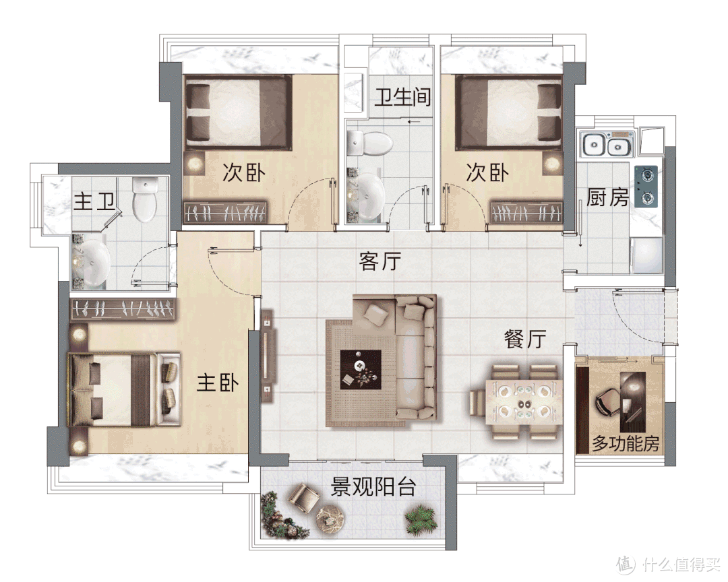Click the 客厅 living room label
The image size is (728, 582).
point(380,261)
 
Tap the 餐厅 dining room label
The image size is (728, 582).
point(525,339)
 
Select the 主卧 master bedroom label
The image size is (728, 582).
point(218,383)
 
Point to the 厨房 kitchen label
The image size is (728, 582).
point(607,197)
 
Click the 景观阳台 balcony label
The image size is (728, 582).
point(373,487)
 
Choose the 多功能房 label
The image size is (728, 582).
point(626,444)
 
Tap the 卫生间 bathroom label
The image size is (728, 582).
point(403,97)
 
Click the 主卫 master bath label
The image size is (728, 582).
point(94,202)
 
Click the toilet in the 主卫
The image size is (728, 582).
point(145,199)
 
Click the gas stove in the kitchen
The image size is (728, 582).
point(646,186)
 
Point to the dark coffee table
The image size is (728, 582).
point(361,369)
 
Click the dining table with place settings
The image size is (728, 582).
point(524,402)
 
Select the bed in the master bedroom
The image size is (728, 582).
point(124,389)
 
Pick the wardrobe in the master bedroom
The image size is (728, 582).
point(123,309)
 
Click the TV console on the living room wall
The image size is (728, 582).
point(268,356)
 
